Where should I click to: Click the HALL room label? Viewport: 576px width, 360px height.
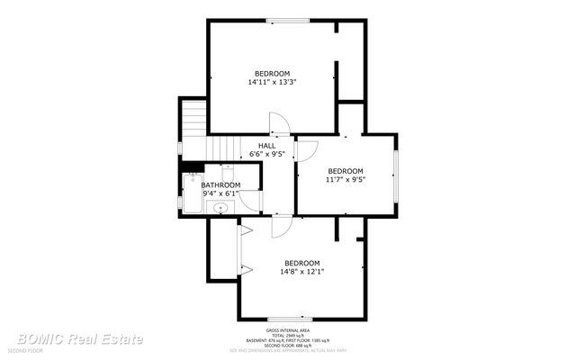coord(267,145)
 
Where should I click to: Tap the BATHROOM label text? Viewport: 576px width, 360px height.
coord(220,184)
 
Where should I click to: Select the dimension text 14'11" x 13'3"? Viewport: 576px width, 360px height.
coord(272,82)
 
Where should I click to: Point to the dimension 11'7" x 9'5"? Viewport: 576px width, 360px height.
coord(345,179)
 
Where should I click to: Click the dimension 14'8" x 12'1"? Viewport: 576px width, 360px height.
coord(302,271)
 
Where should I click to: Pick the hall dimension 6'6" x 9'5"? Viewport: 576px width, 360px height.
coord(267,154)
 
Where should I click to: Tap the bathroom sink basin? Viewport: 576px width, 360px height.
coord(220,208)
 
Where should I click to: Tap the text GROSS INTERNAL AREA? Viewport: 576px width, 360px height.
coord(288,329)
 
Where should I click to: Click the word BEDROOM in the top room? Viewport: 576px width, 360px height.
coord(272,73)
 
